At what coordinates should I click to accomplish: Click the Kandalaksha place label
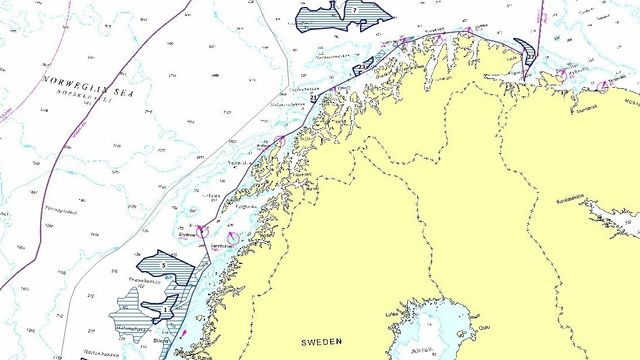(x=573, y=198)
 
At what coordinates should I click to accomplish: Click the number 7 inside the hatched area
(x=354, y=10)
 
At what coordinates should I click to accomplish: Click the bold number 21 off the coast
(x=313, y=98)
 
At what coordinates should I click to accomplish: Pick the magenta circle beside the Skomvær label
(x=202, y=231)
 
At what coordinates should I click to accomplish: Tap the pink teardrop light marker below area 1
(x=184, y=333)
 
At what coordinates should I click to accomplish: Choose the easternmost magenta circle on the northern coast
(x=603, y=86)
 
